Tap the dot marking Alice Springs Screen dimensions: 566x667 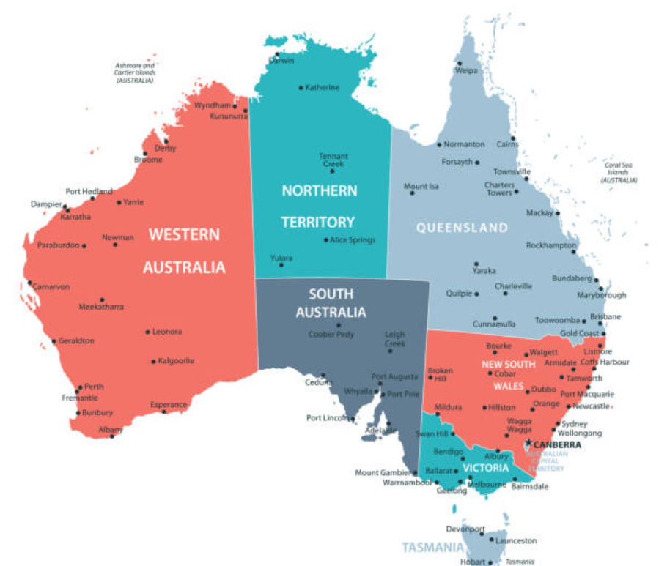[x=326, y=240]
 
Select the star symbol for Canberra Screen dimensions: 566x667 [x=528, y=443]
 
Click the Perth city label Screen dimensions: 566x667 [x=94, y=387]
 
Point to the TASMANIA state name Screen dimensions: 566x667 [x=432, y=547]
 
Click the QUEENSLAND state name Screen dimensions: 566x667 [x=462, y=228]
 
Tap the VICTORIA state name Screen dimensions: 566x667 [x=485, y=468]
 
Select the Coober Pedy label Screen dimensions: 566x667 [x=331, y=335]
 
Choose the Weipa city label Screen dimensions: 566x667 [x=466, y=71]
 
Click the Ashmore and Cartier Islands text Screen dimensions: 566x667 [x=134, y=73]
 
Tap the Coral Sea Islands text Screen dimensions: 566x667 [x=619, y=172]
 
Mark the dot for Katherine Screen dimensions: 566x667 [x=301, y=88]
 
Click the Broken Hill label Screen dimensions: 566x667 [x=440, y=374]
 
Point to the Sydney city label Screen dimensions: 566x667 [x=574, y=424]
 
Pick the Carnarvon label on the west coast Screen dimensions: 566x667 [x=53, y=286]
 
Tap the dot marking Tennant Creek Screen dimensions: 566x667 [x=332, y=171]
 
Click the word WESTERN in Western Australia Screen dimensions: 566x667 [x=184, y=235]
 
